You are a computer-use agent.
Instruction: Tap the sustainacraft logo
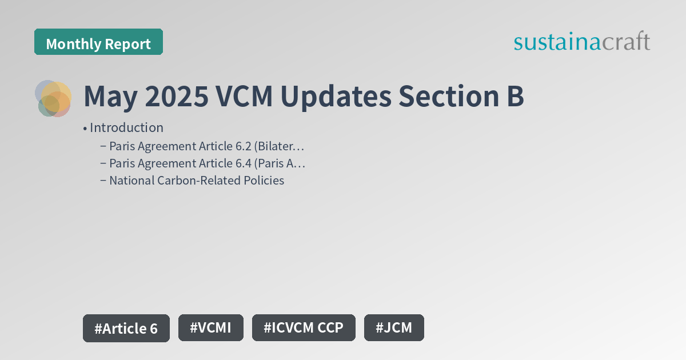(581, 42)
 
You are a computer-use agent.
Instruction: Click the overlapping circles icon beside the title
(53, 98)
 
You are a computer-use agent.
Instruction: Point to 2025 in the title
(176, 97)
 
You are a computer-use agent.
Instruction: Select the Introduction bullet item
(126, 127)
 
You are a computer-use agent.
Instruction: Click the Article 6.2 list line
(206, 146)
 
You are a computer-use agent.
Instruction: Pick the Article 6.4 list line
(207, 163)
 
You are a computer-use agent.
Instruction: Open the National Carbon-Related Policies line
(197, 181)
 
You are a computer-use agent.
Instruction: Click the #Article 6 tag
(126, 329)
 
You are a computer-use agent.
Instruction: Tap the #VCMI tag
(211, 328)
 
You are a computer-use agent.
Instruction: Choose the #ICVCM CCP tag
(304, 328)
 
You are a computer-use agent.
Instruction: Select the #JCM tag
(394, 328)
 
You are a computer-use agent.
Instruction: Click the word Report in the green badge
(129, 44)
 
